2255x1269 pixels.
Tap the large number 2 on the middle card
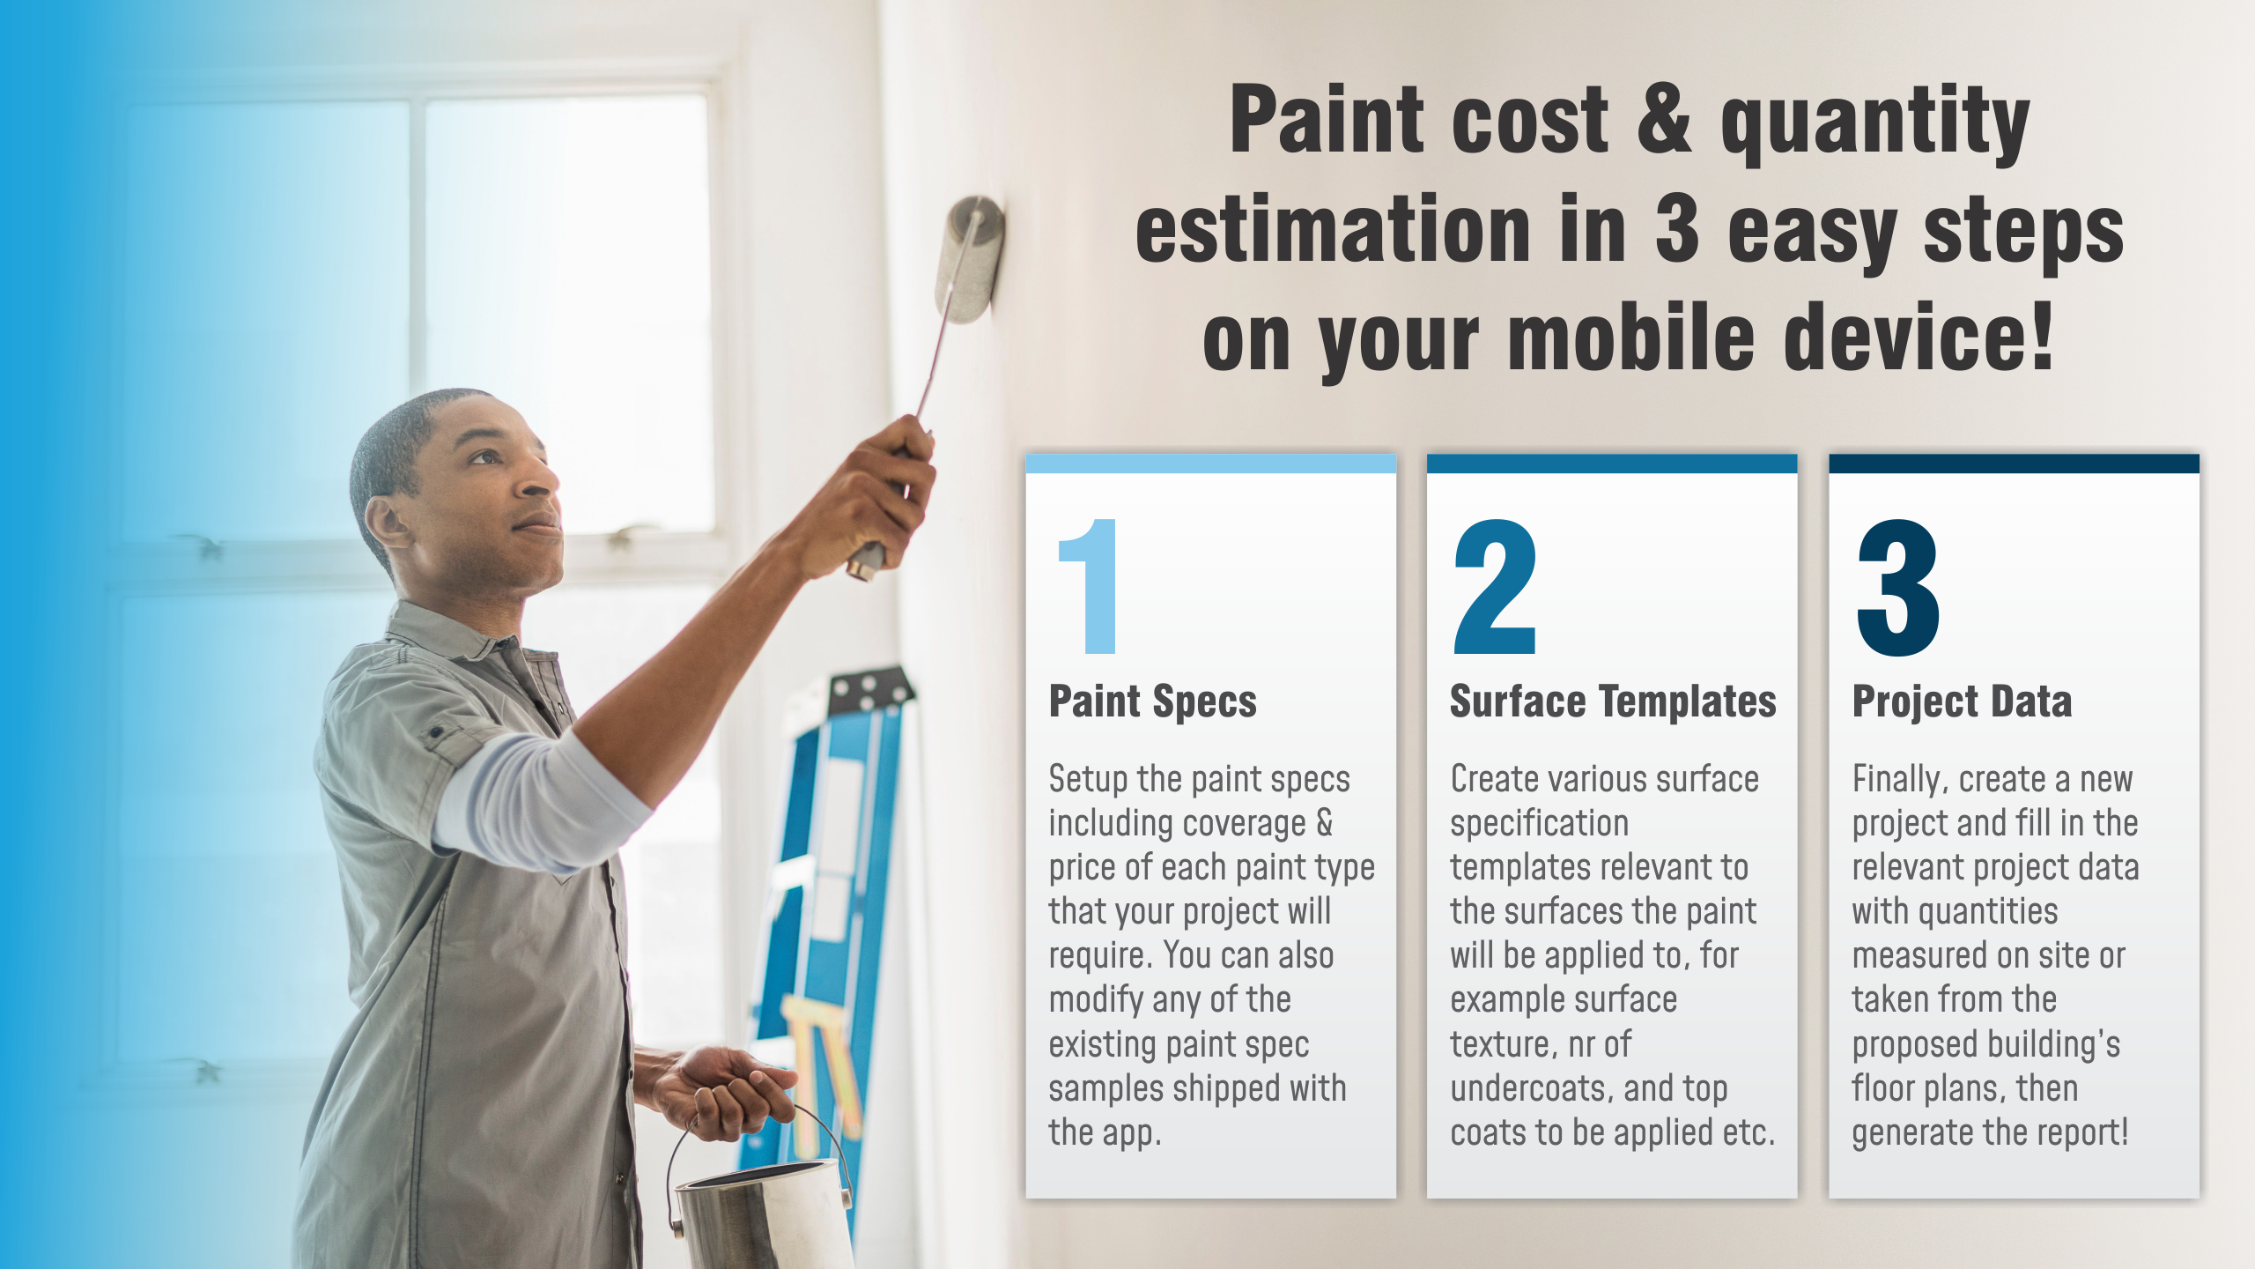1495,586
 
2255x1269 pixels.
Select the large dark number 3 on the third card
1898,587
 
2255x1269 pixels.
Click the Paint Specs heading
1153,702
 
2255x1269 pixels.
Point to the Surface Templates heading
1613,701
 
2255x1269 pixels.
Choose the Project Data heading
1962,701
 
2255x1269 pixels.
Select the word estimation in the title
1333,228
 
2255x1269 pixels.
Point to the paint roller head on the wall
969,259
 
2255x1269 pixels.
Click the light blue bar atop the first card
1211,464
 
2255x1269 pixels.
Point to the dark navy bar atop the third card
2015,464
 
